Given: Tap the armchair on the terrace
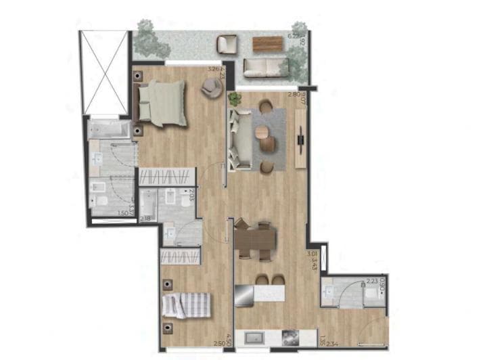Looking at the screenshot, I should point(227,45).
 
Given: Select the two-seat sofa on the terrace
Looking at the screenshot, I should point(266,66).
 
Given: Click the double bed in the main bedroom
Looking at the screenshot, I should point(162,103).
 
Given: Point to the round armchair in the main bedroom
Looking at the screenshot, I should point(212,86).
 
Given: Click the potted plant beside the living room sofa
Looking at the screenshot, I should point(235,99).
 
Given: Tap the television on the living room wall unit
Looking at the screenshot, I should point(299,142).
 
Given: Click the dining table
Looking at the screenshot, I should point(256,238).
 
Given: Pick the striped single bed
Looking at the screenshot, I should point(185,305).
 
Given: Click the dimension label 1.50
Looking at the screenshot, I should point(122,213).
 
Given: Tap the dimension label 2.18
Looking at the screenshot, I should point(145,219).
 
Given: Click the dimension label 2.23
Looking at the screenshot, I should point(371,281).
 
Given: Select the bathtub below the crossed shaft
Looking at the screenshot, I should point(108,129).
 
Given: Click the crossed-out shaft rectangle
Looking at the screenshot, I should point(103,72).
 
